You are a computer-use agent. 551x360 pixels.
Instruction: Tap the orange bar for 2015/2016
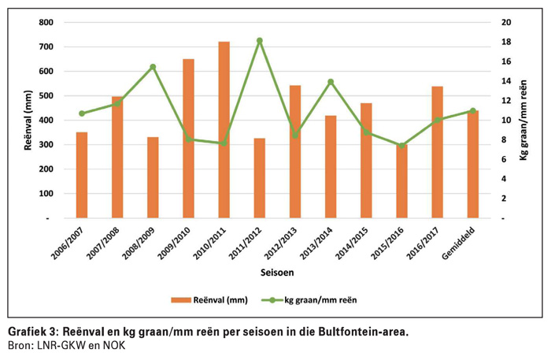tap(402, 181)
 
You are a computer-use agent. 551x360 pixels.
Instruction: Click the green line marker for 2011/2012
tap(260, 40)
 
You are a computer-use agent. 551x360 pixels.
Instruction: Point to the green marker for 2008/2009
tap(153, 67)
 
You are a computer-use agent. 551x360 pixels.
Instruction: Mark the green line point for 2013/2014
tap(331, 82)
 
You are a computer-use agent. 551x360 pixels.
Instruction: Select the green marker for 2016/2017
tap(438, 121)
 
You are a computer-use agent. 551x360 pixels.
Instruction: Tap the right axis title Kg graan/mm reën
tap(523, 120)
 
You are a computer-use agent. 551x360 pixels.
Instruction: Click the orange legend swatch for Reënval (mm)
tap(181, 299)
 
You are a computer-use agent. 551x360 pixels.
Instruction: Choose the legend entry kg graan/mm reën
tap(324, 299)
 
